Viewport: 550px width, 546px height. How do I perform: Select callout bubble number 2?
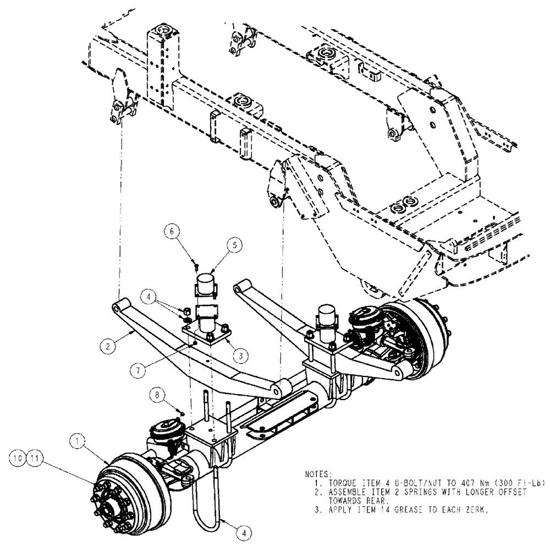tap(108, 346)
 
